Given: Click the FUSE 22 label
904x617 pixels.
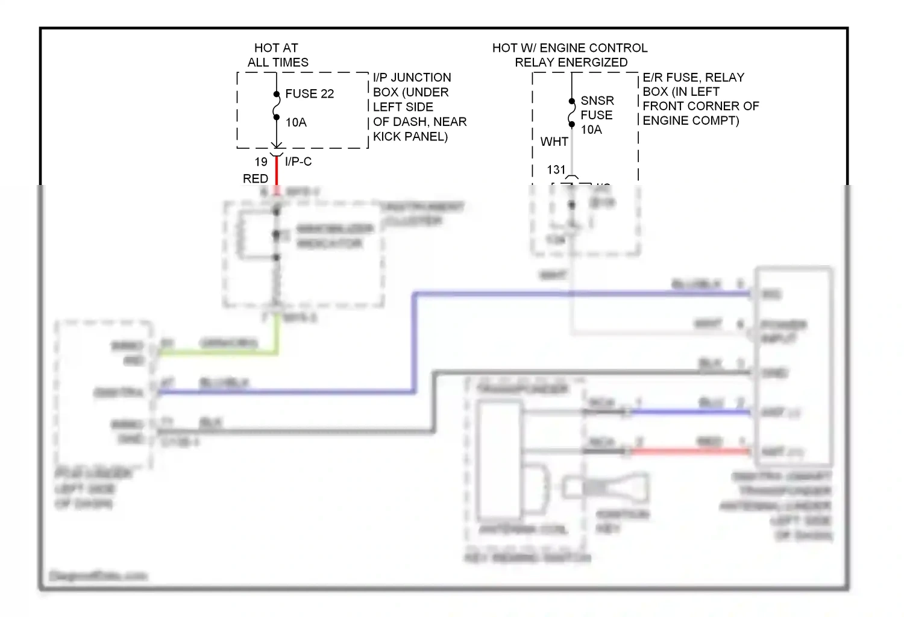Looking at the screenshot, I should pyautogui.click(x=309, y=94).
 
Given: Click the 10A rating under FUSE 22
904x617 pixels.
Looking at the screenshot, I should pyautogui.click(x=296, y=123).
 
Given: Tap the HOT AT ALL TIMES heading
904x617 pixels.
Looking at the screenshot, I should pyautogui.click(x=277, y=55).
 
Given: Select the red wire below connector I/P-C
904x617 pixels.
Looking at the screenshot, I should pyautogui.click(x=277, y=172).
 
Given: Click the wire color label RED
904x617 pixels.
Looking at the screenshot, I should pyautogui.click(x=255, y=179).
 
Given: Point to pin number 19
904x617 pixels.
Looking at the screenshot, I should pyautogui.click(x=261, y=162).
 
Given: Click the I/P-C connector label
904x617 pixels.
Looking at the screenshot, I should pyautogui.click(x=298, y=161).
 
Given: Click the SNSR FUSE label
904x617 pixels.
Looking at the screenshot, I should pyautogui.click(x=597, y=108).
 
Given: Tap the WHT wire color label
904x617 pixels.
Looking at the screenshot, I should pyautogui.click(x=554, y=142).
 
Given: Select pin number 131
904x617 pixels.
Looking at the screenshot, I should pyautogui.click(x=556, y=170).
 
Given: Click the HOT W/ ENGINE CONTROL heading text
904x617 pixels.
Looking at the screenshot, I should pyautogui.click(x=570, y=48).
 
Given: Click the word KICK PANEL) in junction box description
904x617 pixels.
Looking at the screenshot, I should pyautogui.click(x=410, y=137).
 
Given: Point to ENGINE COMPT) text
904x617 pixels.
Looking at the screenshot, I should pyautogui.click(x=691, y=121).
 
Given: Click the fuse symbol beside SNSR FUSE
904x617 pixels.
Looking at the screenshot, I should pyautogui.click(x=572, y=113).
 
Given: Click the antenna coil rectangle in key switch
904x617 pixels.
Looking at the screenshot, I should pyautogui.click(x=500, y=461).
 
